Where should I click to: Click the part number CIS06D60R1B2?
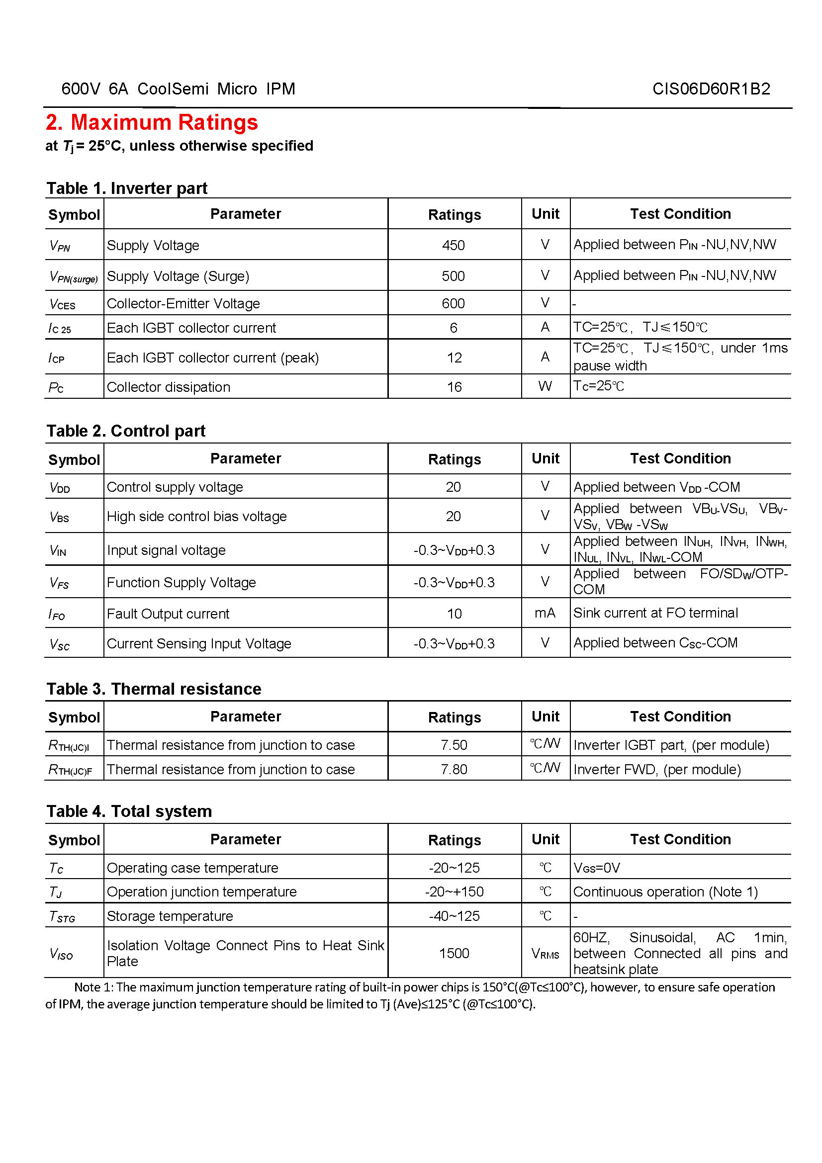(711, 89)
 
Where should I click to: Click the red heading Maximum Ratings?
(152, 123)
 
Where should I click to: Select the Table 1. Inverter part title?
(127, 188)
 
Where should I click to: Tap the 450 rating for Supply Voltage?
(454, 246)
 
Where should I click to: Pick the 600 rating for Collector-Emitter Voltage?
(454, 303)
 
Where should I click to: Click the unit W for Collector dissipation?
(545, 386)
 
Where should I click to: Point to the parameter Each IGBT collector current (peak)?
(213, 358)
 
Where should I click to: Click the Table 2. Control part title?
(126, 431)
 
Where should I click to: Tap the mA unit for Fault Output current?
(545, 614)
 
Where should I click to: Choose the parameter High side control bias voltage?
(196, 517)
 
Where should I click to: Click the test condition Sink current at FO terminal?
(655, 614)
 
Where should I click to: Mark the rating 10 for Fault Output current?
(455, 614)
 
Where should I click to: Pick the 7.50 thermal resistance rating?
(454, 745)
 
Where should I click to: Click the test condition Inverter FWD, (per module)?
(657, 770)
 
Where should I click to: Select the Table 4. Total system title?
(129, 811)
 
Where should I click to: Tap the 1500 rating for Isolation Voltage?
(455, 954)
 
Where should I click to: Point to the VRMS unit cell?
(545, 954)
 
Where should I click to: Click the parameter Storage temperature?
(170, 916)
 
